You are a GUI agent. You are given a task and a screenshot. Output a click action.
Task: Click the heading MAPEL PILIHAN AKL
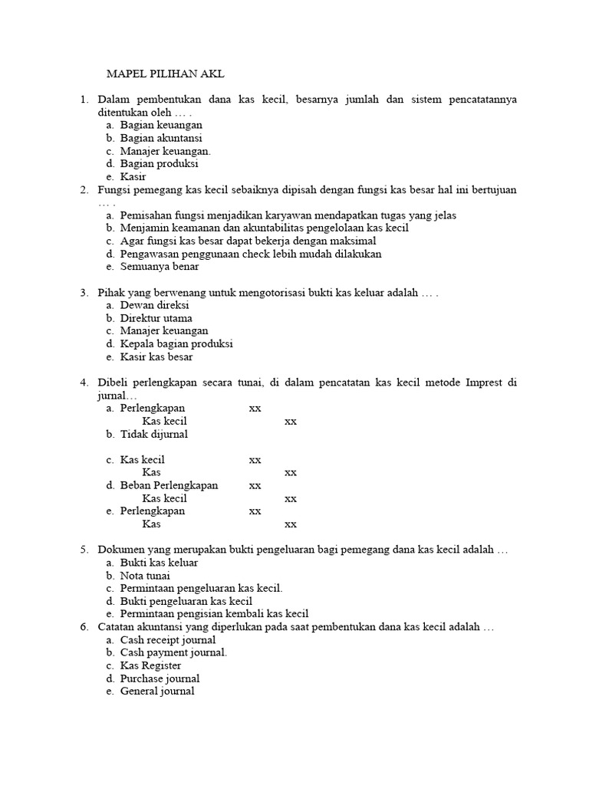click(x=165, y=74)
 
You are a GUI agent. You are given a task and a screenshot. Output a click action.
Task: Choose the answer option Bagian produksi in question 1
click(x=159, y=163)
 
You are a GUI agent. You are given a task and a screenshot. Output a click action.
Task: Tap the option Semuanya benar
click(x=159, y=267)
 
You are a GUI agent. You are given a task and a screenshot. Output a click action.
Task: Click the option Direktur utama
click(x=156, y=318)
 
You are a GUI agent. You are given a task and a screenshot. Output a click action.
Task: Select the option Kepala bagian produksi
click(x=176, y=343)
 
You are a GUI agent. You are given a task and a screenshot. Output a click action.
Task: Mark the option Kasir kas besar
click(x=156, y=356)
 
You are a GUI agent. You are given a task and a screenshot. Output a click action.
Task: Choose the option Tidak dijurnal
click(x=153, y=434)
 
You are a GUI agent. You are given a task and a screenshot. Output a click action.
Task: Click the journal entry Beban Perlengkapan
click(x=169, y=485)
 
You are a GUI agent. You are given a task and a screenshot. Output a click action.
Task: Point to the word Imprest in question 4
click(x=483, y=383)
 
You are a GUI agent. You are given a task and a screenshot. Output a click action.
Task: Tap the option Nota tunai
click(x=145, y=576)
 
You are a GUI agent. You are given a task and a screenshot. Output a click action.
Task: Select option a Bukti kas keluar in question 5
click(x=159, y=563)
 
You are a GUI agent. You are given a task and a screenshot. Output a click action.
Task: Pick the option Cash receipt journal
click(x=167, y=640)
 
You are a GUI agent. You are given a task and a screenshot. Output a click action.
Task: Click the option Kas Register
click(x=150, y=665)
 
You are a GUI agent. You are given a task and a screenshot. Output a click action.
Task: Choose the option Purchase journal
click(x=160, y=678)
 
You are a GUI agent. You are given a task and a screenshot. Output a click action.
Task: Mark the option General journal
click(x=157, y=691)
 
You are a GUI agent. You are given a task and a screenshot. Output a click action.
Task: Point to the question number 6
click(x=84, y=627)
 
